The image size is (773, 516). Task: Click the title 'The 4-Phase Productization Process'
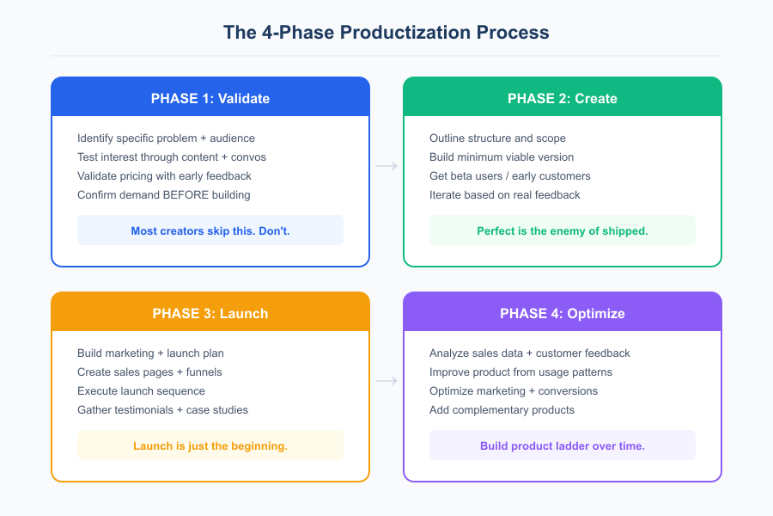pos(386,33)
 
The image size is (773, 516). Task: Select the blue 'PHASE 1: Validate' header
pos(210,98)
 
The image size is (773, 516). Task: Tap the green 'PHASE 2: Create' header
pos(563,98)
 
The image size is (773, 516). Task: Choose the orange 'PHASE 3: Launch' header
pos(210,313)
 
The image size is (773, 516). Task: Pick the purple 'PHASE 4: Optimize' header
pos(563,313)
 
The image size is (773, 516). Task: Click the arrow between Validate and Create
pos(386,166)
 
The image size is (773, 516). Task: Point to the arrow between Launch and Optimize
pos(386,381)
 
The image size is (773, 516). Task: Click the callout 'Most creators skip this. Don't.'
pos(210,230)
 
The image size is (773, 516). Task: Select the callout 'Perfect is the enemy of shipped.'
pos(563,230)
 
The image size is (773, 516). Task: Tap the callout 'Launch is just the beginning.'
pos(210,445)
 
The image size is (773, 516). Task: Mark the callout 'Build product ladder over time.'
pos(563,445)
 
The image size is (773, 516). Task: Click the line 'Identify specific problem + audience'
pos(166,138)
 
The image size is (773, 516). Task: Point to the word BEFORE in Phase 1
pos(184,194)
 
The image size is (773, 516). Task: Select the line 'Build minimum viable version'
pos(502,157)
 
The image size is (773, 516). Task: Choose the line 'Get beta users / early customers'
pos(510,175)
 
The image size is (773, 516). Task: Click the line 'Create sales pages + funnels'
pos(149,372)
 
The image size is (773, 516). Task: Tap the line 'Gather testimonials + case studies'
pos(162,409)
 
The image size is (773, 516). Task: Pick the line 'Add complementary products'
pos(502,409)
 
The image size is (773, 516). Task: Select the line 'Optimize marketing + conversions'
pos(514,390)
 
